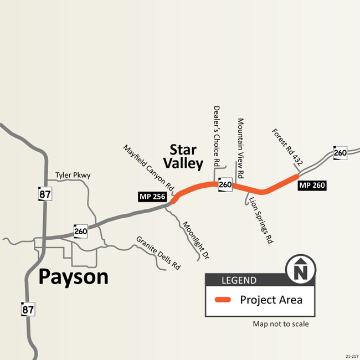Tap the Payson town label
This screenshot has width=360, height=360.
coord(73,276)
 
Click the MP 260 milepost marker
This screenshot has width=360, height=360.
coord(312,186)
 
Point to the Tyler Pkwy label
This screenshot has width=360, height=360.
coord(73,176)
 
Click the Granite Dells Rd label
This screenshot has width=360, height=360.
coord(158,253)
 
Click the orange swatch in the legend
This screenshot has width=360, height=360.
coord(223,300)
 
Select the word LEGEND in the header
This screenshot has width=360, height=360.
coord(239,280)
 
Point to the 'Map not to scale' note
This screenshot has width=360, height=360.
coord(281,324)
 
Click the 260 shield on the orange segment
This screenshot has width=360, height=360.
coord(225,184)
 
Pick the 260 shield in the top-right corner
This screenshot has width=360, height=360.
coord(340,152)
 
